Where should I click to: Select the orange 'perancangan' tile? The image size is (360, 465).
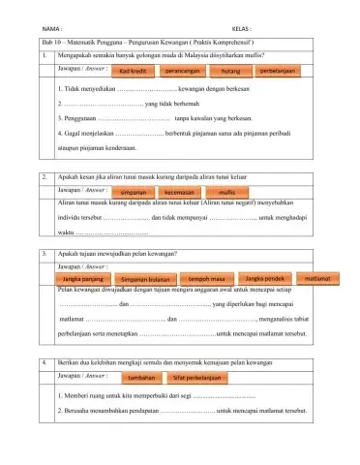point(182,72)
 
